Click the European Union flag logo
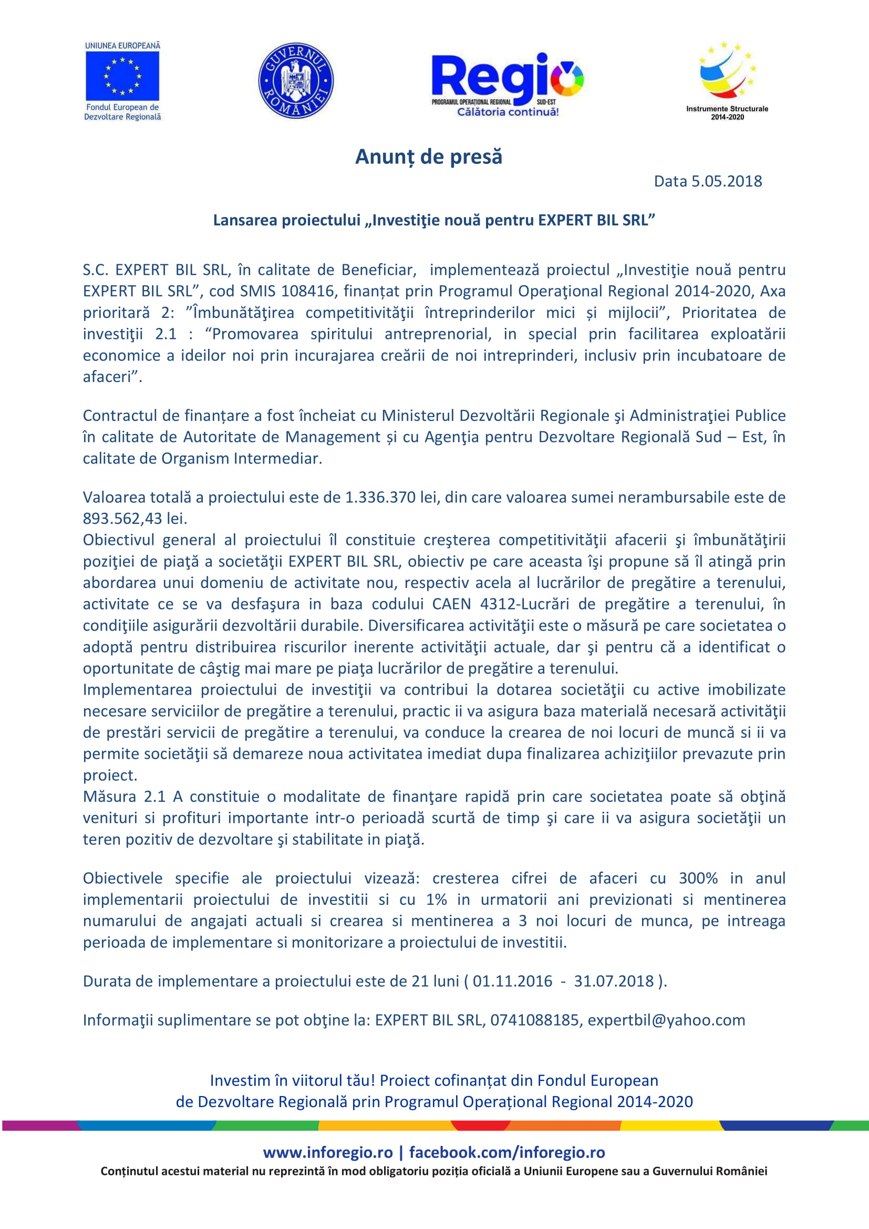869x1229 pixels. pos(122,75)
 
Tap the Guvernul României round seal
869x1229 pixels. pos(296,81)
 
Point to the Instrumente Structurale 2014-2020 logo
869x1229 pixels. pos(727,80)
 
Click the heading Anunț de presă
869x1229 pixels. pos(429,157)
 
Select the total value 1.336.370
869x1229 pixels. pos(380,497)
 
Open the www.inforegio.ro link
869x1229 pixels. pos(327,1152)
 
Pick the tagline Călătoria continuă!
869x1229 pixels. pos(508,112)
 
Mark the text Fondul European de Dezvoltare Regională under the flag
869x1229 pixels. pos(122,112)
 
